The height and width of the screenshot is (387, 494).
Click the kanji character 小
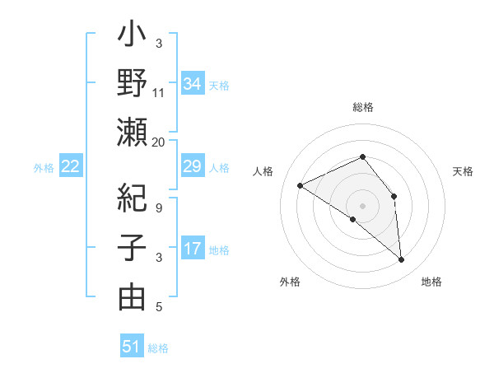132,37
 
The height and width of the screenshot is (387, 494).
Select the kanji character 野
132,85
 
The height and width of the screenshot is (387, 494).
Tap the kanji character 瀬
132,133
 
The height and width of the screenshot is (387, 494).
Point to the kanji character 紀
132,200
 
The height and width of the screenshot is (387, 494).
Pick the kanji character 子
132,249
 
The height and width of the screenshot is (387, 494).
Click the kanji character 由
132,296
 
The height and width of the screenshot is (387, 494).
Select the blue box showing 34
193,83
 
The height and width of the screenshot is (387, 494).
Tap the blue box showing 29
193,166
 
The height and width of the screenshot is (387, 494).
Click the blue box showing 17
193,248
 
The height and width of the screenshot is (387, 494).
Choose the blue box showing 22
71,166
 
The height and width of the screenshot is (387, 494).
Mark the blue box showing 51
132,347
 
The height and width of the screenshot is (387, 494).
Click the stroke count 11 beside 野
159,93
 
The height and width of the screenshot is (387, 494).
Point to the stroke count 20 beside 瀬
159,142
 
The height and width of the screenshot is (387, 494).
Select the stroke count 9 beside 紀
159,209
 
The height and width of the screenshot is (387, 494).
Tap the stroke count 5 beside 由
159,307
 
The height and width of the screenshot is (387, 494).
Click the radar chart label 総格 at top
362,107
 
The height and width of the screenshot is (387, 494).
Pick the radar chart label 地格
431,282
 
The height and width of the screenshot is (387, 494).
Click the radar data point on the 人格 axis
301,185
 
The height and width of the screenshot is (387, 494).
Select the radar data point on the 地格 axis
402,260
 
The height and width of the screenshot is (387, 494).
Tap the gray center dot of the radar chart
362,204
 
